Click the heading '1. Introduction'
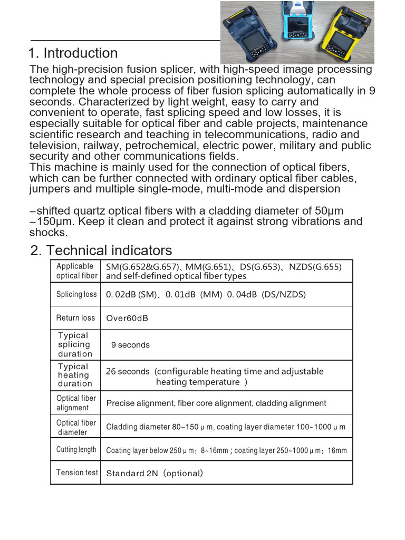click(x=73, y=53)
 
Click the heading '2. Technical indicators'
click(x=101, y=250)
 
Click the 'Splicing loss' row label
click(x=76, y=294)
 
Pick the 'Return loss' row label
click(x=75, y=318)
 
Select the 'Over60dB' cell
click(x=127, y=319)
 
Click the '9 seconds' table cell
click(x=130, y=345)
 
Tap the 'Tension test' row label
click(x=77, y=472)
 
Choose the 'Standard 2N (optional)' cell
click(x=155, y=474)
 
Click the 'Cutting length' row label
click(x=76, y=450)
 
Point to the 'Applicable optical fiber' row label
click(x=76, y=271)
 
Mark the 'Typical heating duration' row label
click(x=74, y=375)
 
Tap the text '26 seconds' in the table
click(x=128, y=372)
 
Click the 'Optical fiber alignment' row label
click(x=76, y=403)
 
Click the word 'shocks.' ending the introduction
click(x=49, y=233)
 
